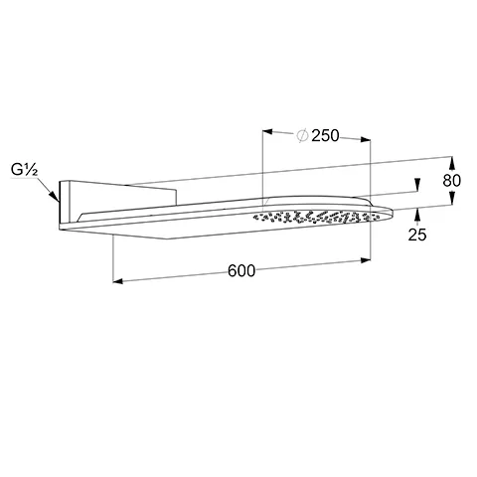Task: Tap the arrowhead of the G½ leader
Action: pyautogui.click(x=59, y=203)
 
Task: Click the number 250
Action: pyautogui.click(x=327, y=136)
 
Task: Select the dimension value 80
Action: pyautogui.click(x=453, y=181)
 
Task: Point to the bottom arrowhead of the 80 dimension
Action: pyautogui.click(x=449, y=204)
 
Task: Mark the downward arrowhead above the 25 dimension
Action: pyautogui.click(x=417, y=186)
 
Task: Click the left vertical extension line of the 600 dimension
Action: pyautogui.click(x=114, y=258)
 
